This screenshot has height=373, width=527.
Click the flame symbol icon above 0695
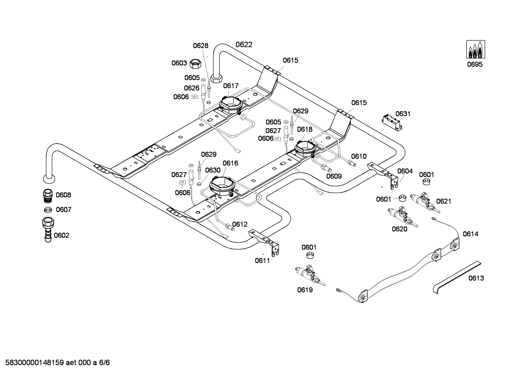point(475,49)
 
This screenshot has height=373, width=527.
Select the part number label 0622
point(244,45)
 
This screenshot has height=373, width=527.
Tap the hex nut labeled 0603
point(195,63)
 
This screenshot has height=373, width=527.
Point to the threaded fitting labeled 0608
point(49,195)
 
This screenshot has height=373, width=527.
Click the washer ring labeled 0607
point(48,209)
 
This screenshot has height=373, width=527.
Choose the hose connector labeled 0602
point(48,230)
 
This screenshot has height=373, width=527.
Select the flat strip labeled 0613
point(457,277)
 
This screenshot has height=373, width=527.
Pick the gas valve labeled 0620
point(402,217)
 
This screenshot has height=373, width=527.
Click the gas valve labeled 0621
point(425,202)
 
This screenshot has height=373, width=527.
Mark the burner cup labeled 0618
point(305,149)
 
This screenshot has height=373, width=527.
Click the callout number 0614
point(471,234)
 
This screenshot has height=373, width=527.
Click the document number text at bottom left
point(58,362)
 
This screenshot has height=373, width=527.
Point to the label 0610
point(359,156)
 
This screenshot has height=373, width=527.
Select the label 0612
point(240,224)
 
